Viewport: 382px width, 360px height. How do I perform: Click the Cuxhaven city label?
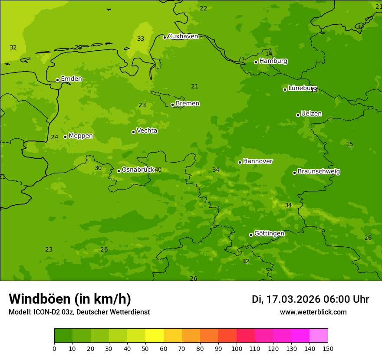click(x=183, y=36)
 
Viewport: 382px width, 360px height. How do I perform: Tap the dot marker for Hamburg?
click(x=256, y=62)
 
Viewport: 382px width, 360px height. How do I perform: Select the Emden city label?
click(x=71, y=79)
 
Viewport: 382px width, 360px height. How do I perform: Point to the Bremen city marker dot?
click(x=172, y=105)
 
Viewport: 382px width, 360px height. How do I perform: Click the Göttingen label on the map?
click(x=269, y=234)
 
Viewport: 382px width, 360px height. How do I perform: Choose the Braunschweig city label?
click(x=319, y=172)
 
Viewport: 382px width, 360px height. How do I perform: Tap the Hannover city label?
click(x=257, y=161)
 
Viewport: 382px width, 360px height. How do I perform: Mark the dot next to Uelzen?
click(x=298, y=115)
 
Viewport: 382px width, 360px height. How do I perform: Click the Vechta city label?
click(x=147, y=131)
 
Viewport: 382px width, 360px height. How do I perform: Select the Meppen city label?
click(x=81, y=136)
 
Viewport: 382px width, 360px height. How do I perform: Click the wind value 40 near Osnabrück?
click(x=158, y=170)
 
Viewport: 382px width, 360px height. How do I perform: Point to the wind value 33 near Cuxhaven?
click(x=141, y=39)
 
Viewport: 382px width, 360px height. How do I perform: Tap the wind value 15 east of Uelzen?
click(x=349, y=144)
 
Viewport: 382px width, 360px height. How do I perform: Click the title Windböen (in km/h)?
click(x=70, y=299)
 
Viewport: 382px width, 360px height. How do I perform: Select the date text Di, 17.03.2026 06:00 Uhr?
click(x=310, y=299)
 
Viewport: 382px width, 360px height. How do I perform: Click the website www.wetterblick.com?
click(x=313, y=312)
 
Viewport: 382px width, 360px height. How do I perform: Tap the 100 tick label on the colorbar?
click(x=237, y=348)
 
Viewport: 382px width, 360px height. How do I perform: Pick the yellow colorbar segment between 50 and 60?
click(x=155, y=336)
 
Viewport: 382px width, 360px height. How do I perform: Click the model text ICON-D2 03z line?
click(x=79, y=312)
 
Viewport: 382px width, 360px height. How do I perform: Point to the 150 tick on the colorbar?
click(x=328, y=348)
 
